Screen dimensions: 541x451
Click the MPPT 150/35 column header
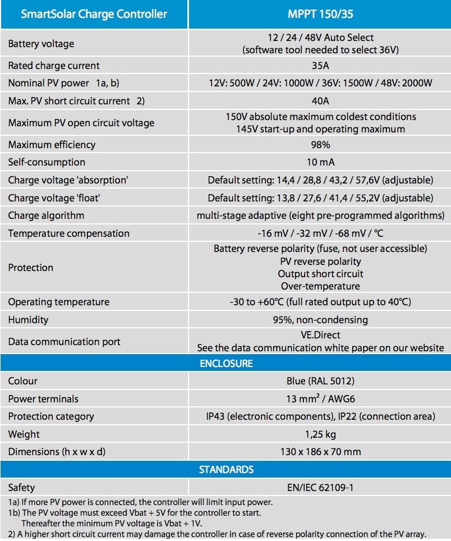pos(320,13)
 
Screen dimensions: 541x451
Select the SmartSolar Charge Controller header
pos(94,13)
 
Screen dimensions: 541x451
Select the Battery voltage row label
pos(41,44)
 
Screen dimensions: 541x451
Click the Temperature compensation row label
pos(68,233)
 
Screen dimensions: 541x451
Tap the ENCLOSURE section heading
pos(226,363)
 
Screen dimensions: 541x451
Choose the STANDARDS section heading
pos(226,470)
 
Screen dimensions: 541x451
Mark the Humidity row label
pos(28,320)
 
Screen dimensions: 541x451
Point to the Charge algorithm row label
pos(46,216)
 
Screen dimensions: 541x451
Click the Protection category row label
pos(51,416)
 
